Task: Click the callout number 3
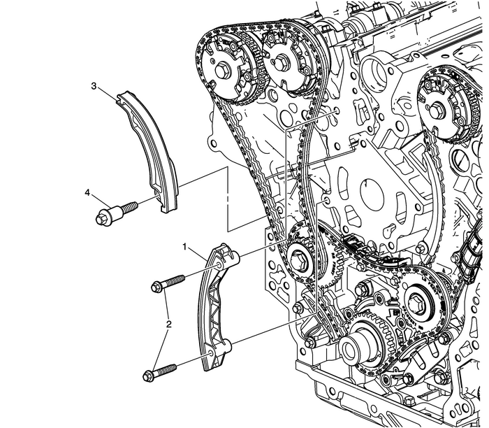point(93,87)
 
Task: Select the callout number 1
point(185,247)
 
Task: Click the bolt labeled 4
point(116,212)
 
